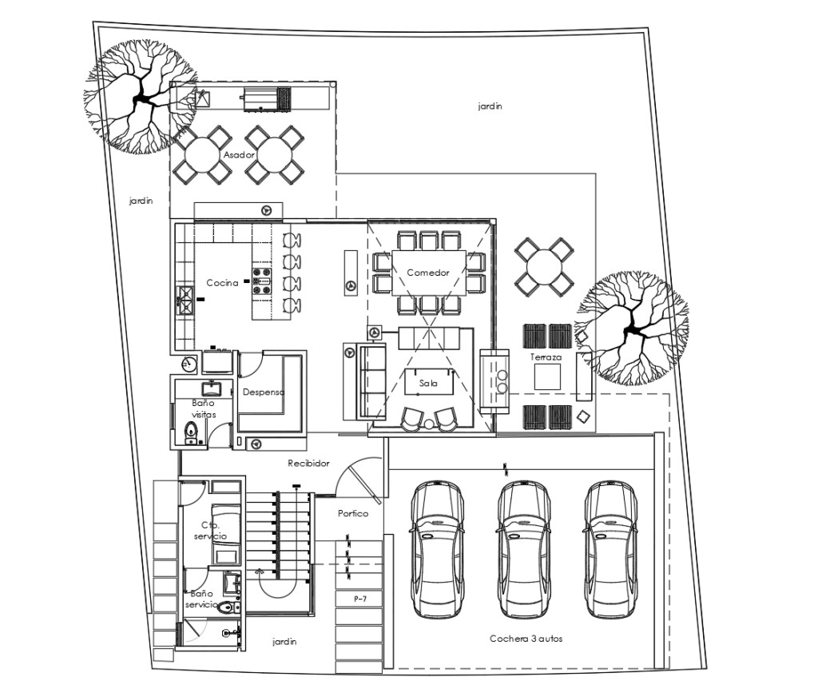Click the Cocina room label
pyautogui.click(x=222, y=283)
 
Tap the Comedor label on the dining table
pyautogui.click(x=428, y=273)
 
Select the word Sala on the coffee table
pyautogui.click(x=428, y=383)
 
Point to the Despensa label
pyautogui.click(x=264, y=392)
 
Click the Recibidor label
pyautogui.click(x=308, y=464)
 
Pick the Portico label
pyautogui.click(x=353, y=513)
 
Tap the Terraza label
pyautogui.click(x=546, y=357)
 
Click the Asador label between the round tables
pyautogui.click(x=239, y=155)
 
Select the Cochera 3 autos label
pyautogui.click(x=526, y=639)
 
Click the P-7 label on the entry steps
pyautogui.click(x=360, y=599)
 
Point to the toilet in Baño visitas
pyautogui.click(x=191, y=432)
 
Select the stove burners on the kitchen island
pyautogui.click(x=262, y=277)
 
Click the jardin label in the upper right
pyautogui.click(x=490, y=106)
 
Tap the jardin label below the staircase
pyautogui.click(x=284, y=642)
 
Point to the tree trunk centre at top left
pyautogui.click(x=141, y=98)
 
